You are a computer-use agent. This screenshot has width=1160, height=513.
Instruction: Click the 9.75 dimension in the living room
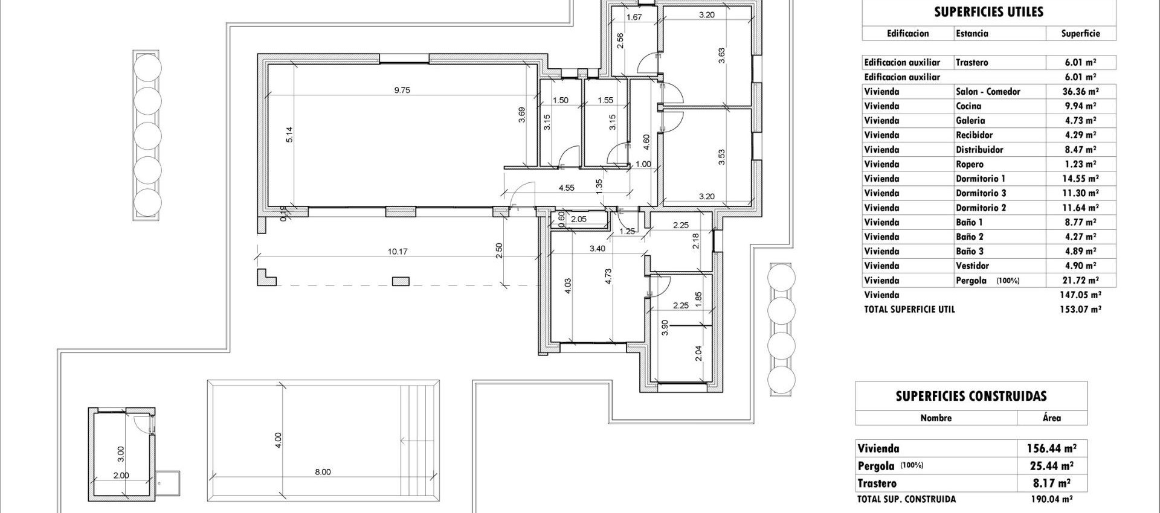pyautogui.click(x=402, y=90)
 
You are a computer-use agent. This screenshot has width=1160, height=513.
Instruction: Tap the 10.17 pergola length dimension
pyautogui.click(x=398, y=251)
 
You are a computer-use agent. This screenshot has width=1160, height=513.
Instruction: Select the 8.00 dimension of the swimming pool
pyautogui.click(x=323, y=472)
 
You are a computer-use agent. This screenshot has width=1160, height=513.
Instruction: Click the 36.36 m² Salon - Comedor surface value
pyautogui.click(x=1081, y=92)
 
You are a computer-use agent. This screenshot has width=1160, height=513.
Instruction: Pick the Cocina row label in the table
pyautogui.click(x=969, y=106)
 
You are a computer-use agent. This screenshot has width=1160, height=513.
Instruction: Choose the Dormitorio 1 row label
pyautogui.click(x=981, y=179)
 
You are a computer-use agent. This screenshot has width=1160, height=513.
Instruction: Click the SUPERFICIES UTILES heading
pyautogui.click(x=988, y=12)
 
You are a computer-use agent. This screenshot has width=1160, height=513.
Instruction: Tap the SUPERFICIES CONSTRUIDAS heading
pyautogui.click(x=971, y=397)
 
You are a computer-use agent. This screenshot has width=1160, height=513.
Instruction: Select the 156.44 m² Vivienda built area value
pyautogui.click(x=1051, y=448)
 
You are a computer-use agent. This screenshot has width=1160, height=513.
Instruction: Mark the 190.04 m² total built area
pyautogui.click(x=1051, y=499)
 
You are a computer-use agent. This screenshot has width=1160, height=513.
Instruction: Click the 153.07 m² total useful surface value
pyautogui.click(x=1081, y=309)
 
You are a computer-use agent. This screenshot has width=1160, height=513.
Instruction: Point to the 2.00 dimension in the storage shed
pyautogui.click(x=121, y=476)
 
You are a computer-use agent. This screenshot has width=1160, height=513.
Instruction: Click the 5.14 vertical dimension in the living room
pyautogui.click(x=289, y=134)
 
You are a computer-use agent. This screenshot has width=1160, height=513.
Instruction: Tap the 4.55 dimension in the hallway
pyautogui.click(x=566, y=188)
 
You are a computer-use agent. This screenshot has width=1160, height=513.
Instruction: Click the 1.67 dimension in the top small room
pyautogui.click(x=634, y=17)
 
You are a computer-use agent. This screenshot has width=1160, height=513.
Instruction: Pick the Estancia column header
pyautogui.click(x=972, y=34)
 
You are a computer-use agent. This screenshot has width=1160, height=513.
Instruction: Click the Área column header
pyautogui.click(x=1051, y=418)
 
